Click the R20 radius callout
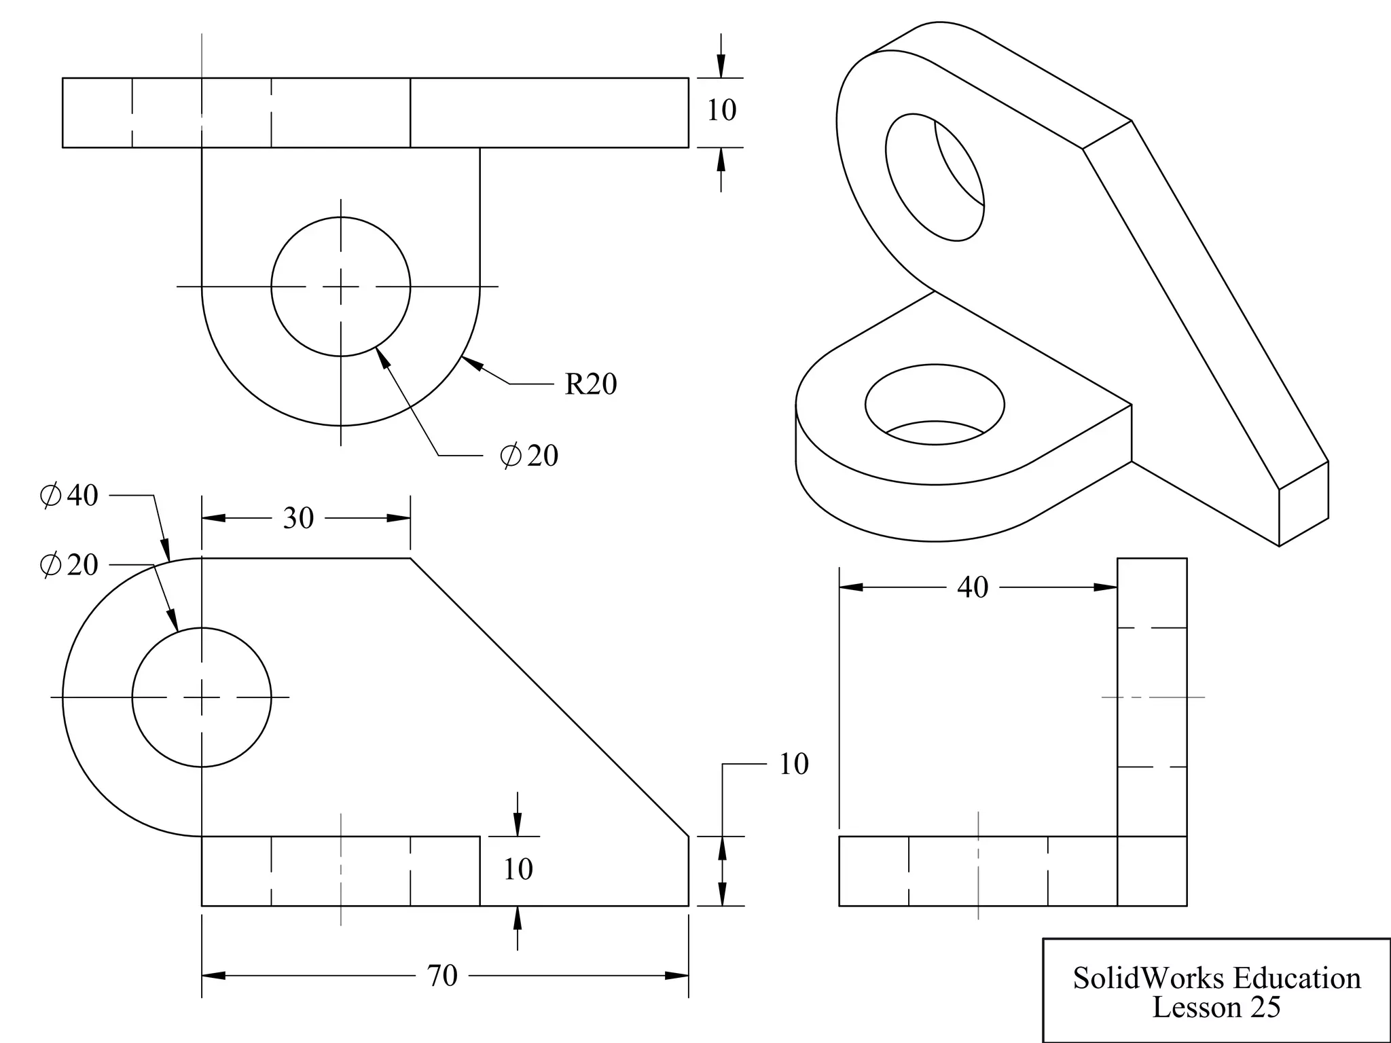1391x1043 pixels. pos(590,384)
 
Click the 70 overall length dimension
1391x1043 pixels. pos(442,976)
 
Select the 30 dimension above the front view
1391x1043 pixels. pos(298,518)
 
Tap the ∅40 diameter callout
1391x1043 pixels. pos(69,496)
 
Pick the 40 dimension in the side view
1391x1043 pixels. pos(972,587)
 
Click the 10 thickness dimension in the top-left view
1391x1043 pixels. pos(721,111)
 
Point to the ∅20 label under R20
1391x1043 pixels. pos(529,456)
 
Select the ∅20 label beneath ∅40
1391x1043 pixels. pos(69,565)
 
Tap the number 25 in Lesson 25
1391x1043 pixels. pos(1264,1008)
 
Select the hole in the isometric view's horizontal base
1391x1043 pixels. pos(935,405)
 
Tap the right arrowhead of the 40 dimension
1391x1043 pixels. pos(1106,587)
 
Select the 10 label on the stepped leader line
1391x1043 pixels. pos(793,765)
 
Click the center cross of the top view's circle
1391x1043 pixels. pos(341,287)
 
